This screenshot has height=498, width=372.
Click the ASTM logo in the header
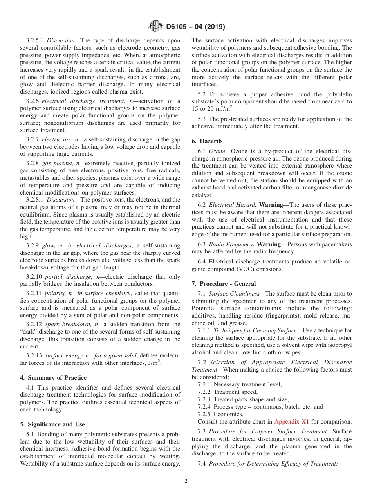[156, 27]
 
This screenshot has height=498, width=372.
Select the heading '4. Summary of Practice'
[53, 378]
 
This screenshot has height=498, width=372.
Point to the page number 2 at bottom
[186, 481]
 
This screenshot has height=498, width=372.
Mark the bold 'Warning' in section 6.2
[271, 205]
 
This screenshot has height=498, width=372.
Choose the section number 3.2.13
[34, 356]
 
